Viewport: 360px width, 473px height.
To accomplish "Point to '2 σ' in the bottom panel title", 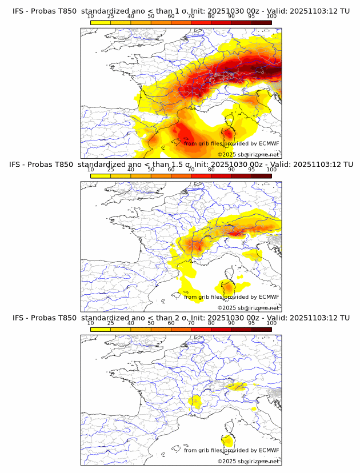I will coord(183,318).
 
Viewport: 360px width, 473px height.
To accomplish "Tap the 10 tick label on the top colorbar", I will coord(91,17).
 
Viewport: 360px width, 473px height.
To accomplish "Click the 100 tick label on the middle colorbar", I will coord(271,170).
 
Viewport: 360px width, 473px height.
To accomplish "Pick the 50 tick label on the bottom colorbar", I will coord(151,323).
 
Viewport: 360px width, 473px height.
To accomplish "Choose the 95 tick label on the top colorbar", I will coord(251,17).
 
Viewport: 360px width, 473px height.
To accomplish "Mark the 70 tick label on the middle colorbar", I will coord(191,170).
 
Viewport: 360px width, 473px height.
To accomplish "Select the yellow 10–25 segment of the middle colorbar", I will coord(101,177).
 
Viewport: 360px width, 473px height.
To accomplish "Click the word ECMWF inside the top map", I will coord(269,143).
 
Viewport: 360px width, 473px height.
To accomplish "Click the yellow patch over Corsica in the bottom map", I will coord(228,442).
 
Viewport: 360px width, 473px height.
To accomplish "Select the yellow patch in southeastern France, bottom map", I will coord(197,402).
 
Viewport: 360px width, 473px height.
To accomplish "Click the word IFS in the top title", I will coord(18,11).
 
